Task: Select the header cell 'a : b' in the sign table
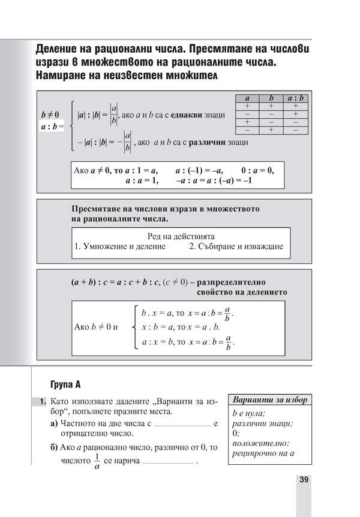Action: [x=295, y=98]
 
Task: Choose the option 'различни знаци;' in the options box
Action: [x=262, y=423]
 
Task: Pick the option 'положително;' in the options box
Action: [x=260, y=443]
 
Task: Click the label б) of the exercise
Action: [x=55, y=447]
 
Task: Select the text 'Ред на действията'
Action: [x=181, y=236]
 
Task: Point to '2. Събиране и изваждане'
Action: [x=236, y=247]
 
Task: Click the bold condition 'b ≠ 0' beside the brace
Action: [x=50, y=114]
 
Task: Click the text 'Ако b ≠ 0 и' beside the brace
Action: [x=96, y=327]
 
